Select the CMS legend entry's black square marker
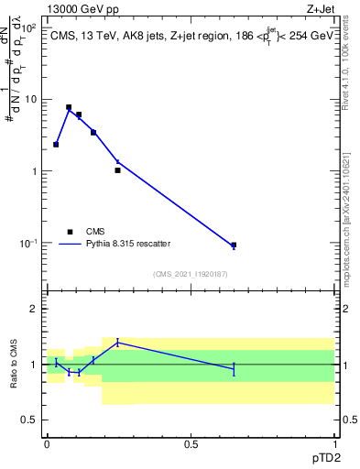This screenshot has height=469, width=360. point(69,232)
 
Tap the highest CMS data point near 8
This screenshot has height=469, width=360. point(69,107)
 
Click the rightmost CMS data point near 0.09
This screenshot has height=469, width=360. point(234,245)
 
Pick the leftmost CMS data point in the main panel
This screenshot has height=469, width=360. point(56,145)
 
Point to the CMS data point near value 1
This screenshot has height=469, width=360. point(117,170)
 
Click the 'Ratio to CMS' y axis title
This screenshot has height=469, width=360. point(14,365)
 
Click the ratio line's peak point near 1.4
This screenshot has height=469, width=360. point(117,343)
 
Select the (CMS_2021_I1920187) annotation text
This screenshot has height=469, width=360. point(191,274)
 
